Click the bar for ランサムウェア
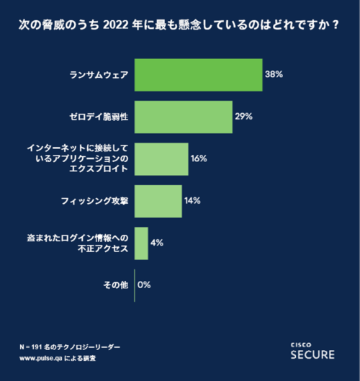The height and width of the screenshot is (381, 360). click(198, 74)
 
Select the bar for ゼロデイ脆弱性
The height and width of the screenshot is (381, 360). click(184, 116)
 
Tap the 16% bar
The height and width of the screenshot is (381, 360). click(161, 158)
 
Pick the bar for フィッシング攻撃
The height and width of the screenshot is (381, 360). click(158, 201)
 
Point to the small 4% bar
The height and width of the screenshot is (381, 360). click(141, 243)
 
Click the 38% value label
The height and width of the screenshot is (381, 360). click(274, 74)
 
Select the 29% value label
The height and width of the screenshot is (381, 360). click(243, 116)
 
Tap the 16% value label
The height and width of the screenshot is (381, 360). click(199, 158)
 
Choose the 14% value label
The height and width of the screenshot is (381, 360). click(192, 201)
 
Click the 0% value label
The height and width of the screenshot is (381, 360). click(144, 285)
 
